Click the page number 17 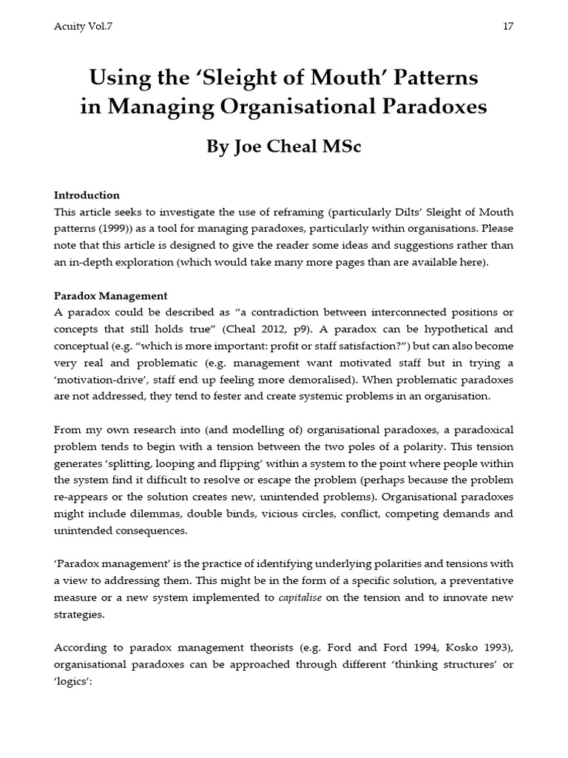tap(507, 27)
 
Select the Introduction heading tap(87, 195)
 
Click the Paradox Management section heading tap(110, 296)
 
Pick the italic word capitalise tap(300, 598)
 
